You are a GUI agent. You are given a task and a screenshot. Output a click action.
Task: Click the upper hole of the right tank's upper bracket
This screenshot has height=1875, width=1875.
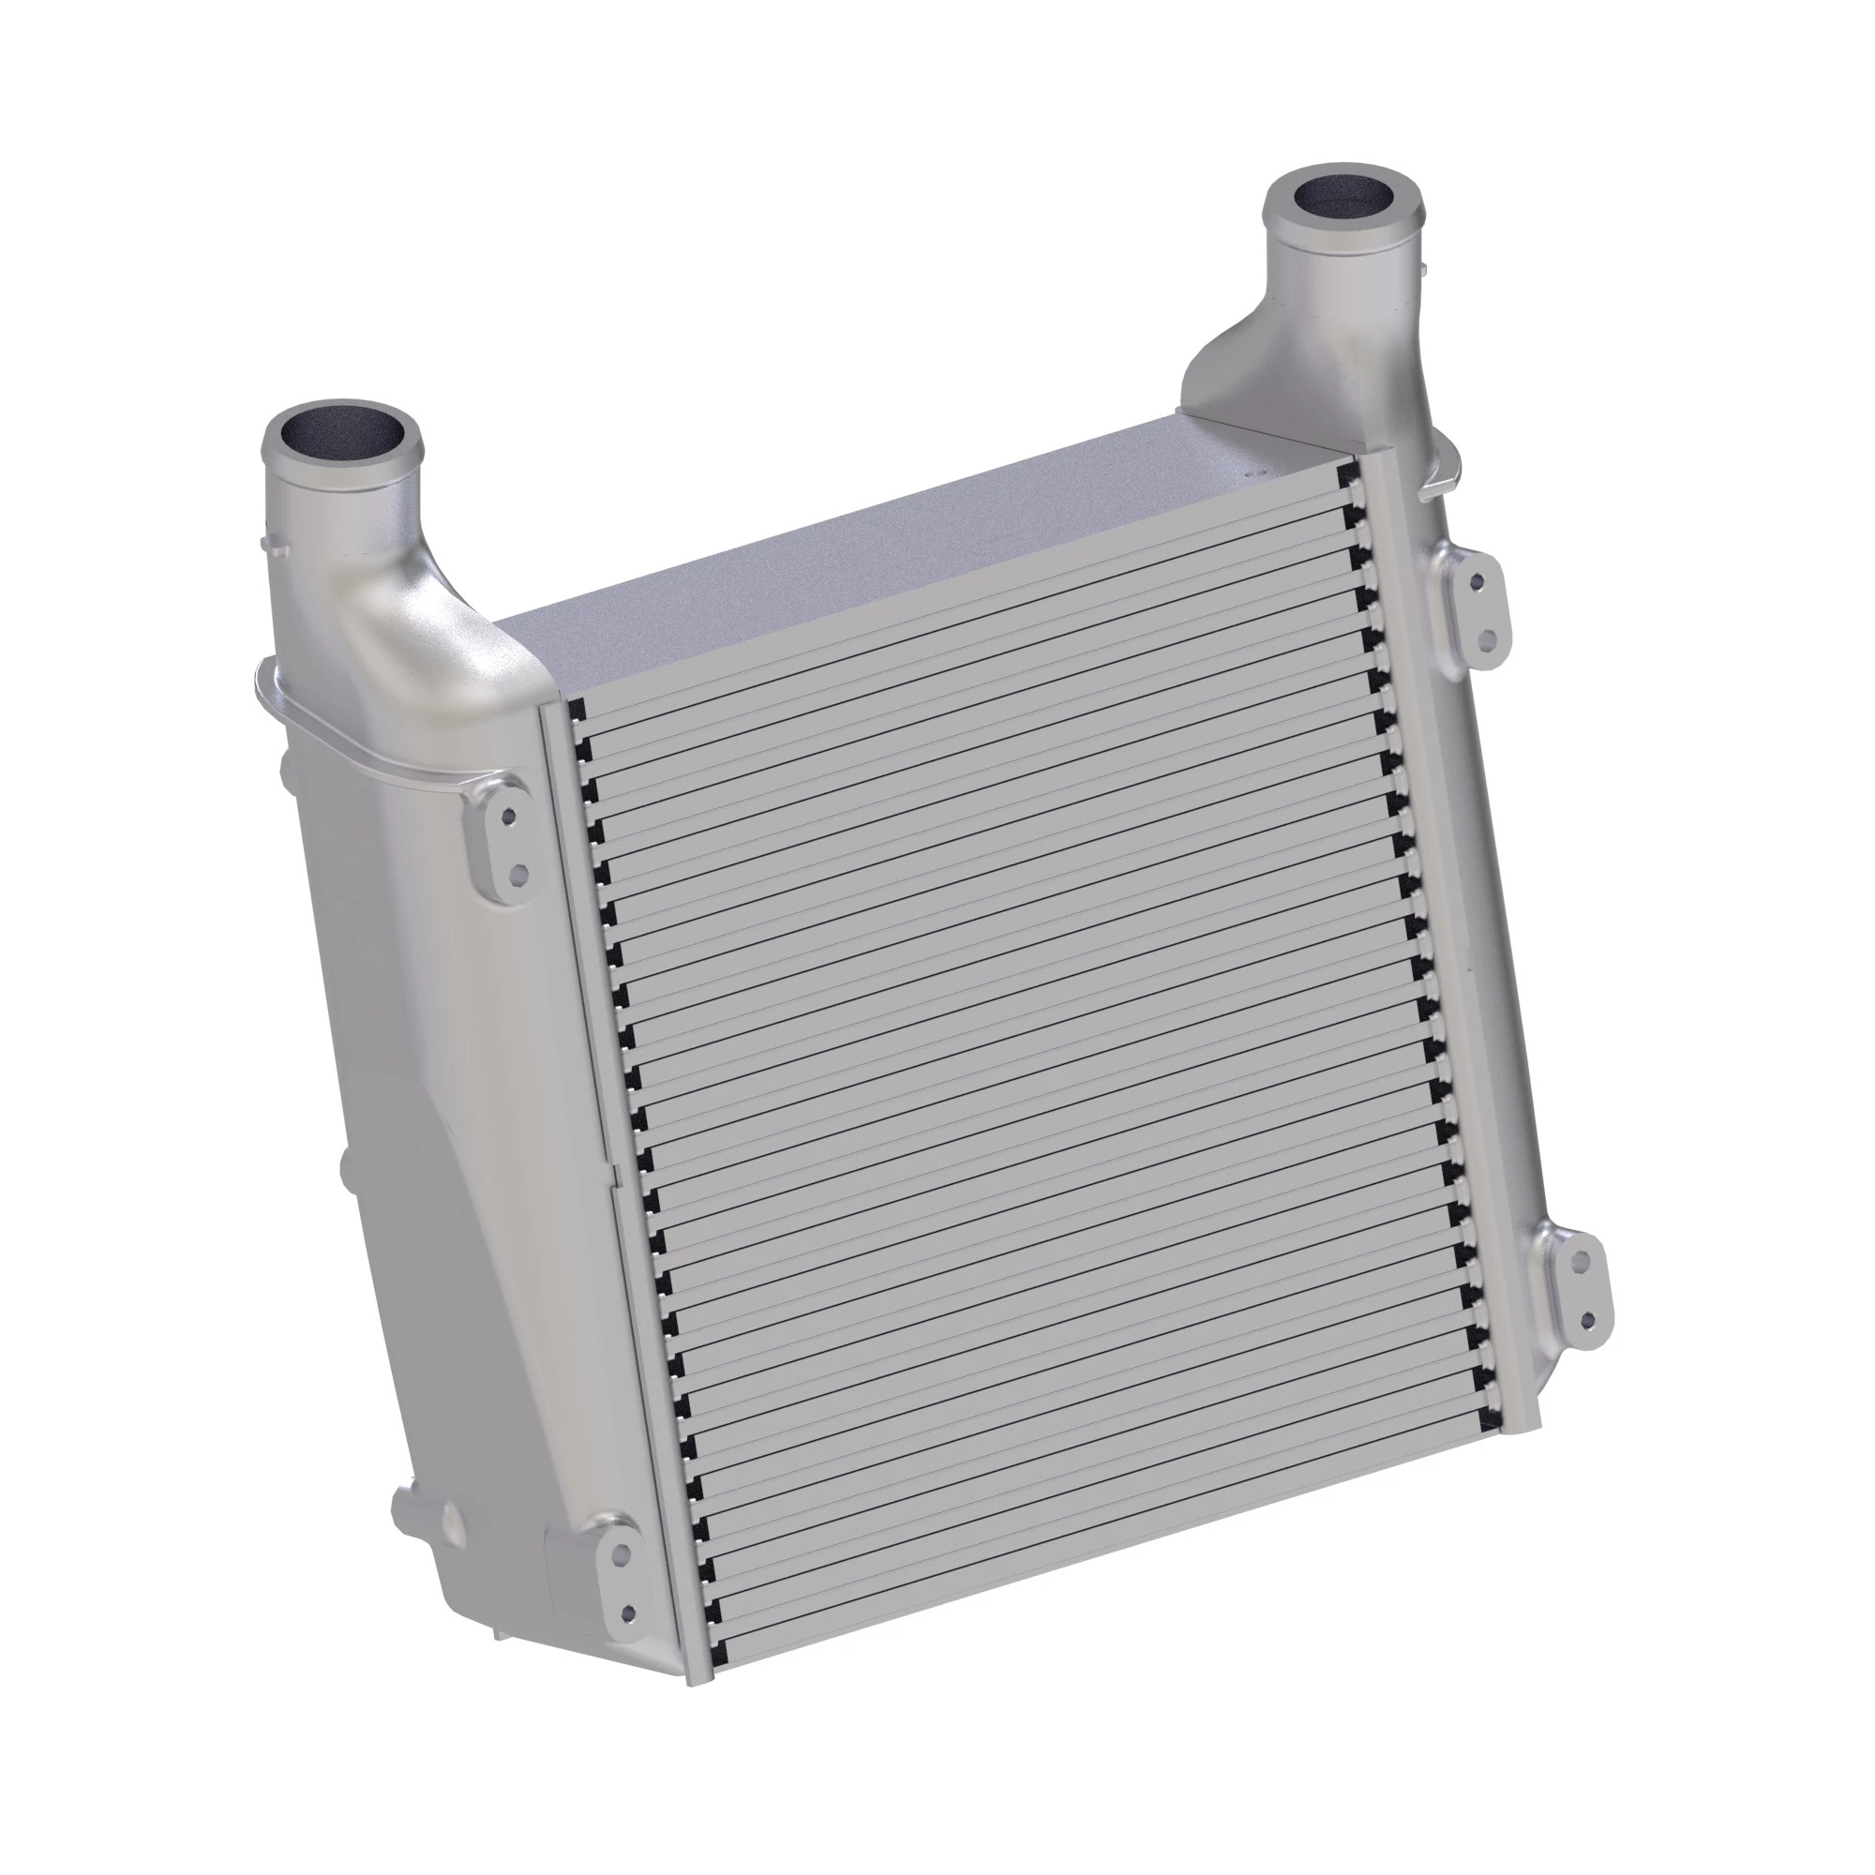(1477, 582)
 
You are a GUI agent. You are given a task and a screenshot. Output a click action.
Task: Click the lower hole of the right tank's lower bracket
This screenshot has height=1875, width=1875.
(1589, 1321)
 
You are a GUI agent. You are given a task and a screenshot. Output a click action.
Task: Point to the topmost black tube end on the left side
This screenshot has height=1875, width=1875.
(577, 710)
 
